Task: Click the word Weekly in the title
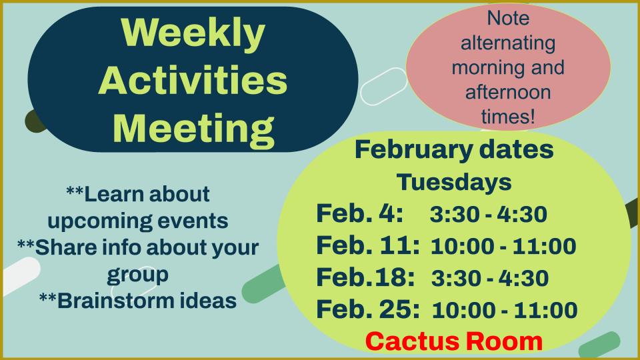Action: click(x=193, y=34)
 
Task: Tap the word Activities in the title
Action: click(x=193, y=80)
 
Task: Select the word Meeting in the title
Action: click(x=193, y=129)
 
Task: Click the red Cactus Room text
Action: click(x=454, y=341)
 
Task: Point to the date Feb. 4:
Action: click(x=359, y=213)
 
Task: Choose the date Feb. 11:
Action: click(x=368, y=245)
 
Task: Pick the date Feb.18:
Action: click(x=365, y=277)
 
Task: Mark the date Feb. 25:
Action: click(x=368, y=309)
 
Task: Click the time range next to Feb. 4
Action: click(x=489, y=214)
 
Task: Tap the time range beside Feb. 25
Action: click(x=505, y=310)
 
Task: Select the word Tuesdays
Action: click(x=454, y=182)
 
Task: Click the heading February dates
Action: click(x=454, y=150)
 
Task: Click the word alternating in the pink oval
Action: click(x=508, y=43)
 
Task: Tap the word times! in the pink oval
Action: click(x=508, y=116)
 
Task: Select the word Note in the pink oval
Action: click(x=508, y=19)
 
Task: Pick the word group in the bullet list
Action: click(x=137, y=275)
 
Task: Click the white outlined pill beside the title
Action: click(x=384, y=87)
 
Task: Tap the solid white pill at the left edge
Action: click(x=21, y=275)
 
